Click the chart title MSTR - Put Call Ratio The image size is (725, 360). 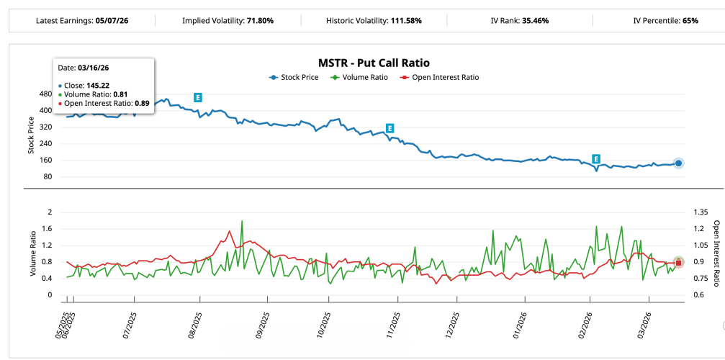pyautogui.click(x=374, y=63)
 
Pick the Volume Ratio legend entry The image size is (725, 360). pyautogui.click(x=359, y=77)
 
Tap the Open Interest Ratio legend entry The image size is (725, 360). pyautogui.click(x=440, y=77)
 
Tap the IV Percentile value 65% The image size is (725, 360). pyautogui.click(x=690, y=20)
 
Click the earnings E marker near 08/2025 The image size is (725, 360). pyautogui.click(x=197, y=97)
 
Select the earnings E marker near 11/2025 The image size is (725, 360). pyautogui.click(x=389, y=128)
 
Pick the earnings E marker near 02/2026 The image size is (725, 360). pyautogui.click(x=596, y=158)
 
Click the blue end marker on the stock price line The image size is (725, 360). pyautogui.click(x=678, y=163)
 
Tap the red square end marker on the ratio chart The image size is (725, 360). pyautogui.click(x=678, y=263)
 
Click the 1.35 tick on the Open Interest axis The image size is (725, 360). pyautogui.click(x=701, y=212)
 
